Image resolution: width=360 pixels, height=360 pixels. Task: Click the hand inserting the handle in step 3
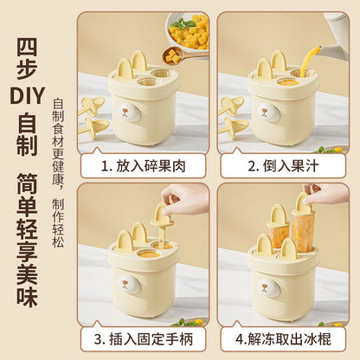pos(187,197)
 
